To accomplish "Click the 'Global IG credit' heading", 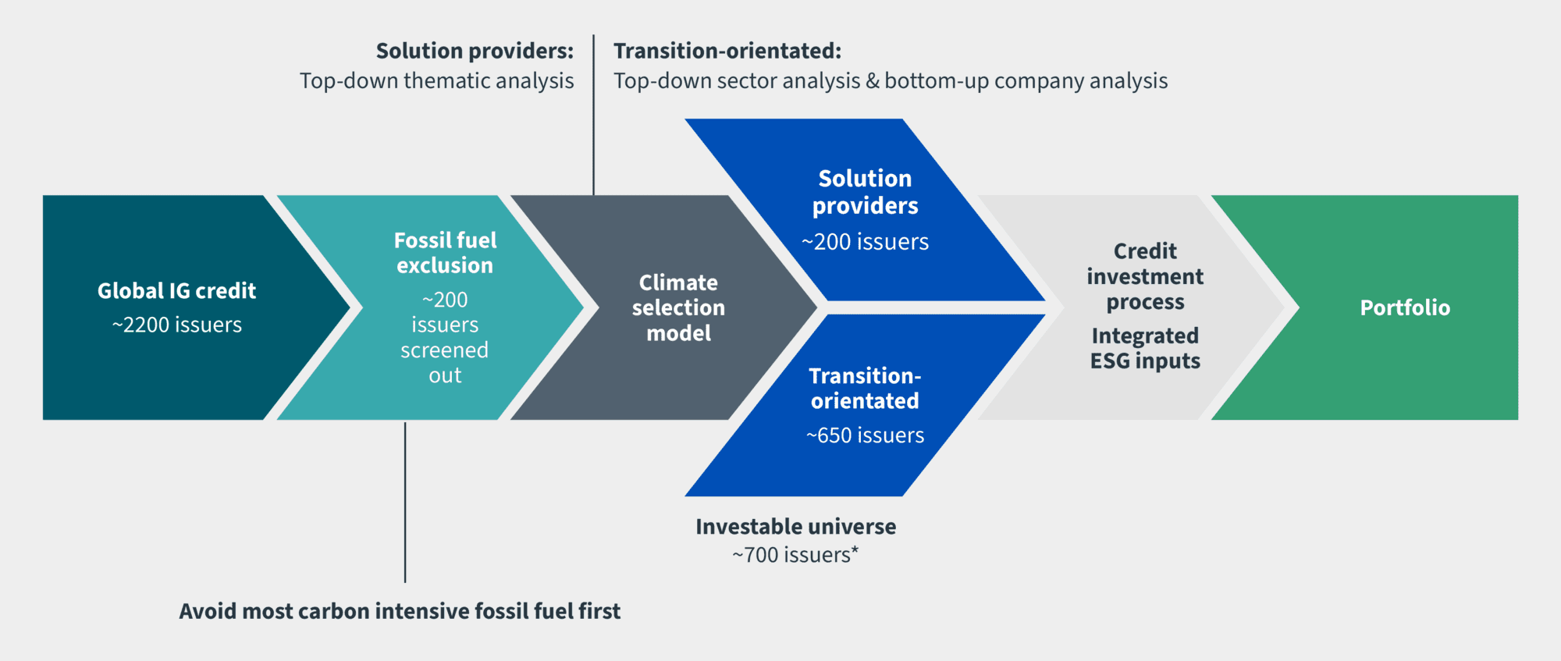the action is point(176,291).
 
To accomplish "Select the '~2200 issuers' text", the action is point(176,325).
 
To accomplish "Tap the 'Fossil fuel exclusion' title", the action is point(445,253).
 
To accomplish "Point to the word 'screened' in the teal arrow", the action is point(445,350).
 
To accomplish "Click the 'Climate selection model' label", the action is point(678,307).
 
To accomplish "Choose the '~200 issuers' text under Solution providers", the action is point(865,242).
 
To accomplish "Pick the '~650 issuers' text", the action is point(865,435).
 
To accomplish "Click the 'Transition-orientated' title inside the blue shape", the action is point(865,388).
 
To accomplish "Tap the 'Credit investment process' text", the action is point(1145,276).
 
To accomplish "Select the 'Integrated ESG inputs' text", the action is point(1145,348).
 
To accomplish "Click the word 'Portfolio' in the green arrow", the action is point(1405,307).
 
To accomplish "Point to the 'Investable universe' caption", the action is point(795,527).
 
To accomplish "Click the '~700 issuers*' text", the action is point(795,555).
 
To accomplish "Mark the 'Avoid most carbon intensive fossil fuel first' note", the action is point(400,611).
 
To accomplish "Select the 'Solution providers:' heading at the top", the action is point(475,51).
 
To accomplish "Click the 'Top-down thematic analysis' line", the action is point(436,81).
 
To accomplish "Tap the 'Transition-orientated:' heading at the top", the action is point(727,51).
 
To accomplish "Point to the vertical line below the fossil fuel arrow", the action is point(405,503).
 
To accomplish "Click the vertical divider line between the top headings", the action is point(593,115).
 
